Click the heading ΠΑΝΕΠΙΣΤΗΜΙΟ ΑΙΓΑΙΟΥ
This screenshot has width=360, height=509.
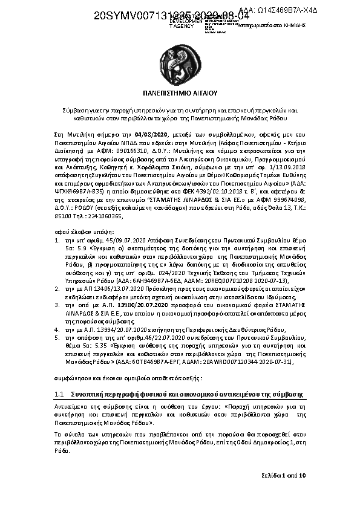[180, 94]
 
